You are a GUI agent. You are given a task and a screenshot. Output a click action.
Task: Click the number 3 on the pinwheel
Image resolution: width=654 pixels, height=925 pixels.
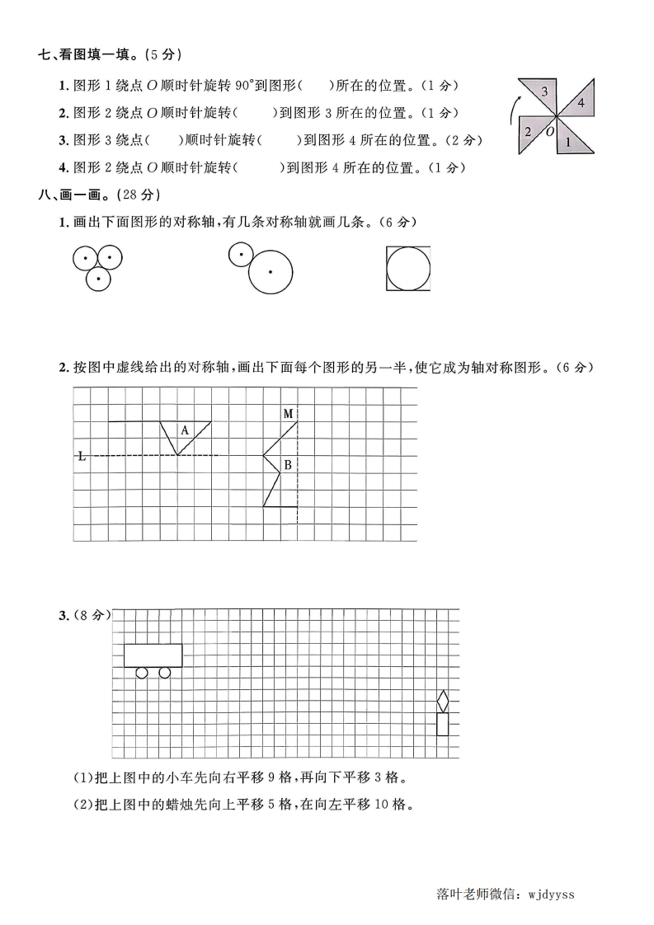point(545,91)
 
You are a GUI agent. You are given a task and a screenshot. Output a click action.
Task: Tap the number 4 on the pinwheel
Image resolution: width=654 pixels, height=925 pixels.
point(581,103)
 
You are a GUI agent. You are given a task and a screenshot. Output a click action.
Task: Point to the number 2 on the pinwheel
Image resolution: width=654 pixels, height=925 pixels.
point(528,131)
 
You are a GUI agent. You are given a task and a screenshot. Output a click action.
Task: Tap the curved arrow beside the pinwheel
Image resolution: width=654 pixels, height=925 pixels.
point(512,108)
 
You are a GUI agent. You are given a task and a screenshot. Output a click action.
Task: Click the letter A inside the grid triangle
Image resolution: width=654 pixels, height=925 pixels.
point(185,430)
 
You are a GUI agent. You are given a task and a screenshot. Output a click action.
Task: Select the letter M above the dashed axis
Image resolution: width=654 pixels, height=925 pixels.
point(288,413)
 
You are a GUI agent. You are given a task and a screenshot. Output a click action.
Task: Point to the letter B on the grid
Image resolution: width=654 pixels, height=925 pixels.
point(288,466)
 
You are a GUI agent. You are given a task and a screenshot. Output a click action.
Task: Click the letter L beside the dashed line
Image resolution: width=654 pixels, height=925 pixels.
point(81,456)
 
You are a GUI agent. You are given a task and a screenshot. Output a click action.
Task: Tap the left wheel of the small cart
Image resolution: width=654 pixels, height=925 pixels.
point(141,673)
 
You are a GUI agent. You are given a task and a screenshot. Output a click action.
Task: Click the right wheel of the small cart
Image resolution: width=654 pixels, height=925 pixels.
point(164,673)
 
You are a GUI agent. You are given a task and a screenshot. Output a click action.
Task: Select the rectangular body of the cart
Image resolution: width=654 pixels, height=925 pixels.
point(153,655)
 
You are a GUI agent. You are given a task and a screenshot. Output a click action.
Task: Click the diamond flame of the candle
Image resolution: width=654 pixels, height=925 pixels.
point(443,702)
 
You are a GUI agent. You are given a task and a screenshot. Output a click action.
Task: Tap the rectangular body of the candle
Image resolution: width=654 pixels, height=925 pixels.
point(443,725)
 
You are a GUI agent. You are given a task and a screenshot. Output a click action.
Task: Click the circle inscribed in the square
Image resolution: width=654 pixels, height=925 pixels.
point(408,269)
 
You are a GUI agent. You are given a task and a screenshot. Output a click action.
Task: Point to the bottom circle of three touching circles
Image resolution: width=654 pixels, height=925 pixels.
point(98,279)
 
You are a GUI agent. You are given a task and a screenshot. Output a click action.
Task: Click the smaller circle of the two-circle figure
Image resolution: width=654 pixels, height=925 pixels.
point(240,255)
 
